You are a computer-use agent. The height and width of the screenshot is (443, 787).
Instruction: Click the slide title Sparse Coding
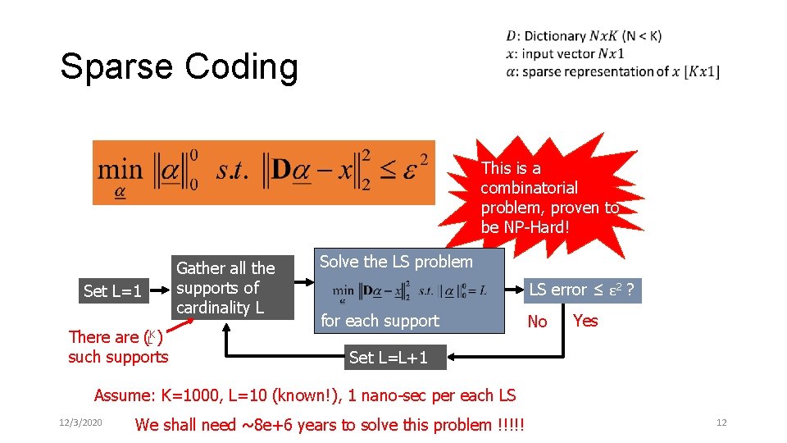point(179,66)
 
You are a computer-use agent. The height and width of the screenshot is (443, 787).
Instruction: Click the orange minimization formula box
point(263,172)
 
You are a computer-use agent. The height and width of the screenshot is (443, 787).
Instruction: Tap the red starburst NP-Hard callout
point(549,197)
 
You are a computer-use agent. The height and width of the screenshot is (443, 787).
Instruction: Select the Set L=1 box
point(112,291)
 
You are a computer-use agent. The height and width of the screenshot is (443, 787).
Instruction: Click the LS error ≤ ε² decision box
point(584,290)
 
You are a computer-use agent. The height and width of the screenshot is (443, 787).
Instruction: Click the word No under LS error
point(537,322)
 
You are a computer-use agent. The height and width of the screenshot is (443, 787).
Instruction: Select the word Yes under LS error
point(585,320)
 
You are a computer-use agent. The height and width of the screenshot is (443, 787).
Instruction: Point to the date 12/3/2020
point(80,422)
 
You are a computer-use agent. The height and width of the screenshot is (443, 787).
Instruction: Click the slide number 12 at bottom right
point(721,422)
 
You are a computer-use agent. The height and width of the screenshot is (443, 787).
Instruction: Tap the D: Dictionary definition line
point(584,35)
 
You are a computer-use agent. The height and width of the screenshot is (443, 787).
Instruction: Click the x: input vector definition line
point(565,53)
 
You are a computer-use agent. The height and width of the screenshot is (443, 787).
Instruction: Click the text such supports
point(118,357)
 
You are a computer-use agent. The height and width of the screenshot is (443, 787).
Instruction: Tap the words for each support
point(380,321)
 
